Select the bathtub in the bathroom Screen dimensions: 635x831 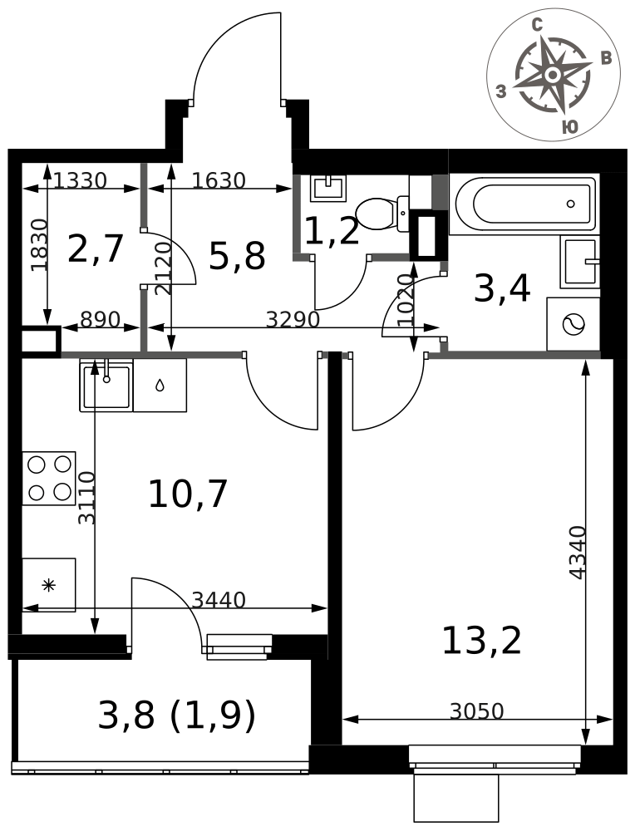[524, 204]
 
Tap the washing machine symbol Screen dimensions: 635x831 [573, 324]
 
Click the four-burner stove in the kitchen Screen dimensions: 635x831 [49, 478]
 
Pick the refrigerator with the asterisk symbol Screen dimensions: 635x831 [49, 585]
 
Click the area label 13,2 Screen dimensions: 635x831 [481, 640]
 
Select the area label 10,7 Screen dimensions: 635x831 [188, 494]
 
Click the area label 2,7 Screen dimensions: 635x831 [96, 248]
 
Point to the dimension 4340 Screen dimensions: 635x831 [577, 553]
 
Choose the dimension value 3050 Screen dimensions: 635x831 [476, 711]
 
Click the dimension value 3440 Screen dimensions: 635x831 [219, 599]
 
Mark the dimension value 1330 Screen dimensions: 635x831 [80, 180]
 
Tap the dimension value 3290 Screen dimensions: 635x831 [293, 320]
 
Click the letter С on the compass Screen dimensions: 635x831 [538, 25]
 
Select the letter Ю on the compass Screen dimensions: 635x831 [569, 126]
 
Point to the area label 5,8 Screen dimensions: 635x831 [237, 256]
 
